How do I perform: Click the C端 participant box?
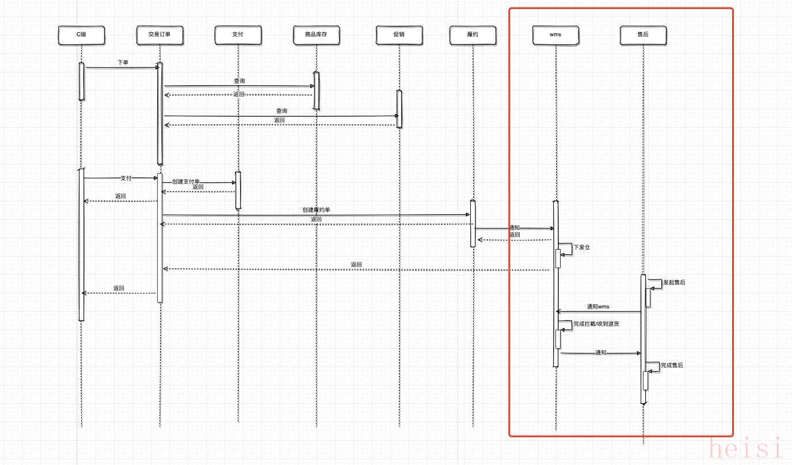[81, 36]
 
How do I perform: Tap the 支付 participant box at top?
[238, 36]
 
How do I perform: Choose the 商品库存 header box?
[316, 36]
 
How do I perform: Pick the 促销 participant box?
[399, 36]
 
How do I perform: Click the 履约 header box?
[473, 36]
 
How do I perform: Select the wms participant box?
[555, 36]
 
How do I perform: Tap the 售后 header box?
[643, 36]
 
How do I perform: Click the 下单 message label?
[123, 62]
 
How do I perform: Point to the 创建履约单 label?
[316, 210]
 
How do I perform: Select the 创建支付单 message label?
[185, 181]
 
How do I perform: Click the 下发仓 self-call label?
[581, 247]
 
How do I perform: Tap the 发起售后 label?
[674, 283]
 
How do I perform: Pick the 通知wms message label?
[598, 307]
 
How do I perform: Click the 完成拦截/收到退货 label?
[596, 324]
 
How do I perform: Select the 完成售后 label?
[672, 365]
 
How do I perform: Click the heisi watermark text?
[746, 448]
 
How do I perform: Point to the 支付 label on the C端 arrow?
[126, 178]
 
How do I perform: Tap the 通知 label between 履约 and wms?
[514, 228]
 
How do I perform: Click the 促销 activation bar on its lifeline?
[399, 109]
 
